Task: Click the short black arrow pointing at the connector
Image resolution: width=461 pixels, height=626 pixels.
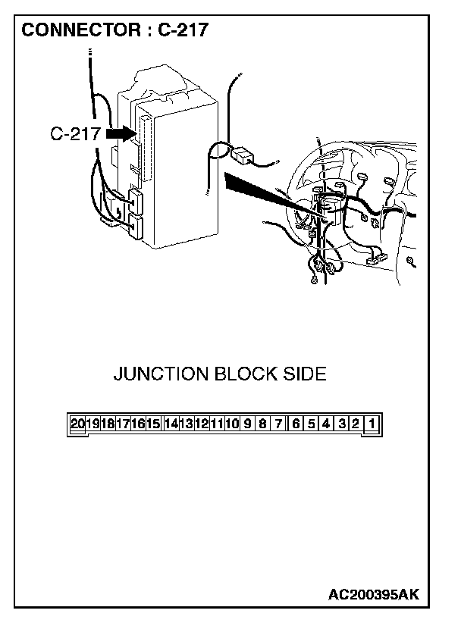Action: pyautogui.click(x=120, y=133)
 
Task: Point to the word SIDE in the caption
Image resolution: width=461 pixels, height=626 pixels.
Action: pyautogui.click(x=305, y=374)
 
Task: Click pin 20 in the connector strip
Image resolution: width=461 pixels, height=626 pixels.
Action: pyautogui.click(x=78, y=424)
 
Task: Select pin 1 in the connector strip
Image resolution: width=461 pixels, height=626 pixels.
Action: pyautogui.click(x=372, y=424)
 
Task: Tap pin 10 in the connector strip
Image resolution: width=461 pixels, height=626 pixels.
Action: pyautogui.click(x=233, y=424)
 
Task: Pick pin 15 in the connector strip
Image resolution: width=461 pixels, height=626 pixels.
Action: pyautogui.click(x=154, y=424)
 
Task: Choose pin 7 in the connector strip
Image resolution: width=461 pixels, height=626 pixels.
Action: pyautogui.click(x=279, y=424)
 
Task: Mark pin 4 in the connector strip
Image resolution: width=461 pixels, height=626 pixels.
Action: pyautogui.click(x=326, y=424)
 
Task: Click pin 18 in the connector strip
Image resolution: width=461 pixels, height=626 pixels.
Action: pyautogui.click(x=108, y=424)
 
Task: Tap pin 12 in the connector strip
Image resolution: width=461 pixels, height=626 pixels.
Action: pyautogui.click(x=202, y=424)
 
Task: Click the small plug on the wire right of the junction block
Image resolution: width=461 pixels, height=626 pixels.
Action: pyautogui.click(x=244, y=155)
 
